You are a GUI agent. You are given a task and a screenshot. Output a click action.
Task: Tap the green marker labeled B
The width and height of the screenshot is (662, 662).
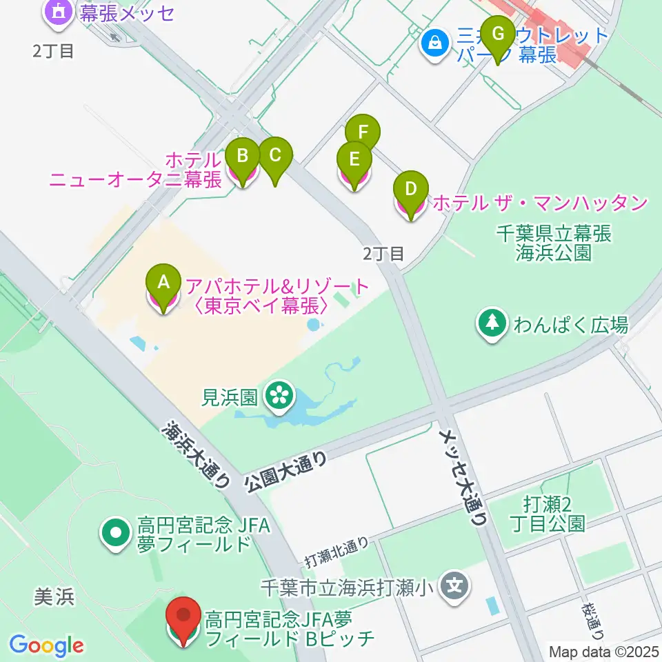click(x=242, y=155)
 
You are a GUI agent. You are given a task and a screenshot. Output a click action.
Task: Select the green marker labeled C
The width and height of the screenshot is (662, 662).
click(x=274, y=154)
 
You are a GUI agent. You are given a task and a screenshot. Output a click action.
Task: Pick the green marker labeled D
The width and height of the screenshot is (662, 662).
click(x=410, y=188)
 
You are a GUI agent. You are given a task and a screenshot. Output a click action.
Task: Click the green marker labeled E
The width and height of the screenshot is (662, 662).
click(x=354, y=159)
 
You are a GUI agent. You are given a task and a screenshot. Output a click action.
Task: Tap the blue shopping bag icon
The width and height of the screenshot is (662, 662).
click(x=435, y=43)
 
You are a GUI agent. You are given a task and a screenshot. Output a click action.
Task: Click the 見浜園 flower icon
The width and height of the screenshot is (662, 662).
click(x=280, y=397)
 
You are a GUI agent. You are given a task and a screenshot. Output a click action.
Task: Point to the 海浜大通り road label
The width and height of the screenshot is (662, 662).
click(x=196, y=455)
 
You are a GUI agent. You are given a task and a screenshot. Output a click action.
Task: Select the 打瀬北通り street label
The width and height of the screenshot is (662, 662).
click(x=338, y=550)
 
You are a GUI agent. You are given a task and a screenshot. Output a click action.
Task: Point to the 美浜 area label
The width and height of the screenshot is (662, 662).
click(x=54, y=597)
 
